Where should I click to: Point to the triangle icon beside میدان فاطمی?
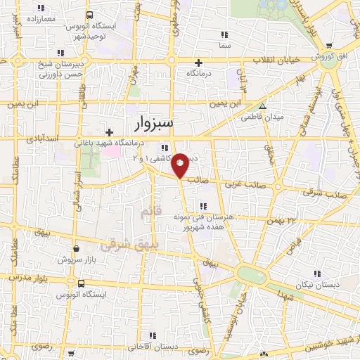pos(262,107)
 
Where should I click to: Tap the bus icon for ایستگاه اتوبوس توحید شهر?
pos(89,15)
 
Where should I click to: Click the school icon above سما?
pos(224,34)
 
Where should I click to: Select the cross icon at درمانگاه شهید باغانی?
pos(109,132)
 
